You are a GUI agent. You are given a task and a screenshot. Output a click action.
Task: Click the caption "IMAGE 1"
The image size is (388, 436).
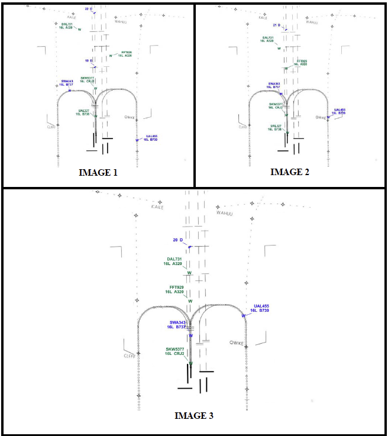(x=98, y=173)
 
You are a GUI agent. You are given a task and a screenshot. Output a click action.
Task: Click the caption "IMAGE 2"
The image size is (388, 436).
(x=290, y=172)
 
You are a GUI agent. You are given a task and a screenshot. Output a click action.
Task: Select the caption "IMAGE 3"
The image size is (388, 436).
(x=194, y=415)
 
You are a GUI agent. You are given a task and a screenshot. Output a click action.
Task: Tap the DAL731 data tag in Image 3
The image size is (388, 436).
(x=175, y=261)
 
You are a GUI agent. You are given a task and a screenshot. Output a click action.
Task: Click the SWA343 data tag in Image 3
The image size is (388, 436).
(x=177, y=324)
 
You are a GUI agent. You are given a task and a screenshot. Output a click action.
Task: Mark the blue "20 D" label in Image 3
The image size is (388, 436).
(x=179, y=240)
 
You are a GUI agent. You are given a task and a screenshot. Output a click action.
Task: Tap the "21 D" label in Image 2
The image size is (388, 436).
(x=277, y=25)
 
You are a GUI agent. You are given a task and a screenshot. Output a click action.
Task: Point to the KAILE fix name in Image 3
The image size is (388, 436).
(x=157, y=207)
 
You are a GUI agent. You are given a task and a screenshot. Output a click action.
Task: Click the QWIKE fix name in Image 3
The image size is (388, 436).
(x=237, y=343)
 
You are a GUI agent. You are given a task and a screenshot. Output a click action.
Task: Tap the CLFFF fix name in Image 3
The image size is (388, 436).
(x=130, y=356)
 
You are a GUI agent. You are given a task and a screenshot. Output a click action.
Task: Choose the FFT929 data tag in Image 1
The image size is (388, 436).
(x=125, y=54)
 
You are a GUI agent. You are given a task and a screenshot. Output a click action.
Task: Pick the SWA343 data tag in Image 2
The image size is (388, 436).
(x=274, y=85)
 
